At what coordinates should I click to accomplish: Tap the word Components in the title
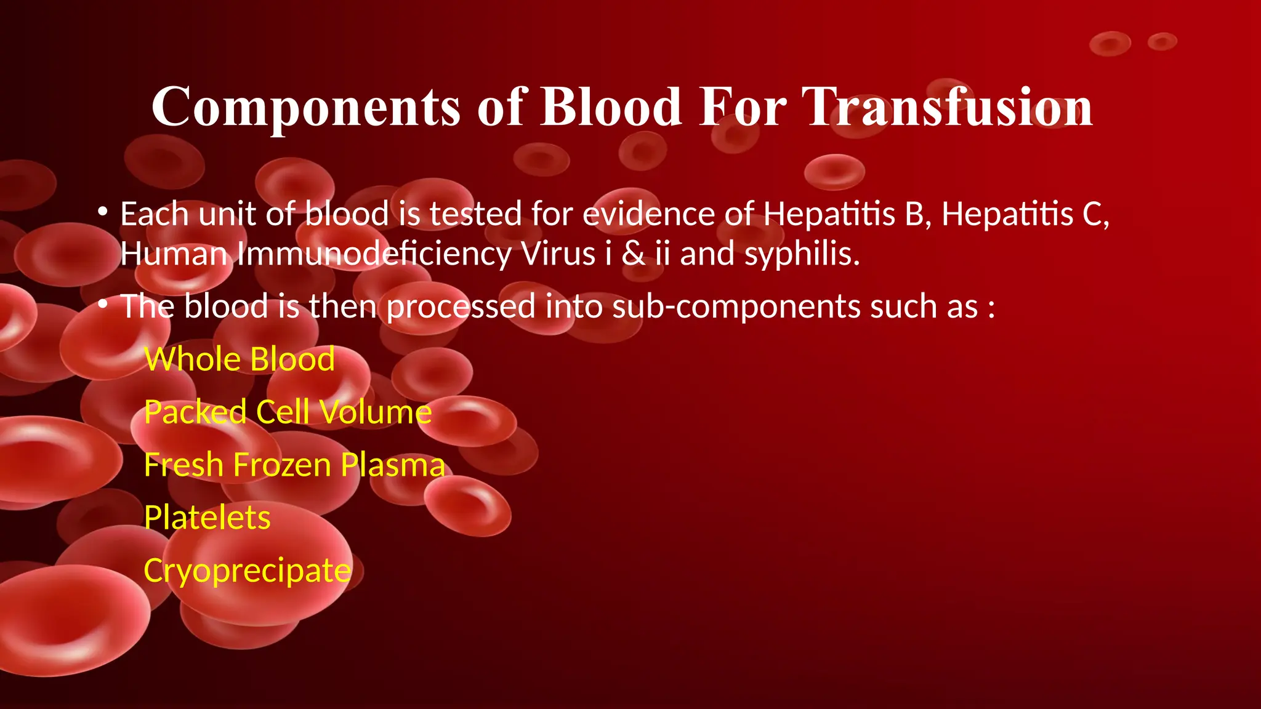306,108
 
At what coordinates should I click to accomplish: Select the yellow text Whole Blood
240,359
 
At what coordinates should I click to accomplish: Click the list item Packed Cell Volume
288,412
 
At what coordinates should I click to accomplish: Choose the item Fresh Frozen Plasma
294,465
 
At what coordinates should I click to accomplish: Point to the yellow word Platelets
207,518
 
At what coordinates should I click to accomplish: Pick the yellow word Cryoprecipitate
248,571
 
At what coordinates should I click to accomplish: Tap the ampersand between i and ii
634,254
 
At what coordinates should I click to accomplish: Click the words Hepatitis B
847,214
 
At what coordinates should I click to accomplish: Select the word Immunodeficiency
374,254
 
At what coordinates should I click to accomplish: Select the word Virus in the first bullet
558,254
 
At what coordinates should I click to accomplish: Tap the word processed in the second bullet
461,306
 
